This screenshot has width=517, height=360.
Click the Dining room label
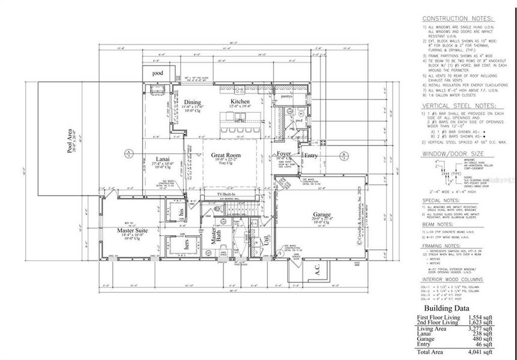tap(192, 102)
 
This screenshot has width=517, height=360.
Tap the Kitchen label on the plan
tap(240, 102)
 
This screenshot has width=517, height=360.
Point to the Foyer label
tap(283, 154)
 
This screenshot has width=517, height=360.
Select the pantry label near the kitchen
tap(285, 95)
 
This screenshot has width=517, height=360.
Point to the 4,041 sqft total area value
tap(480, 352)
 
